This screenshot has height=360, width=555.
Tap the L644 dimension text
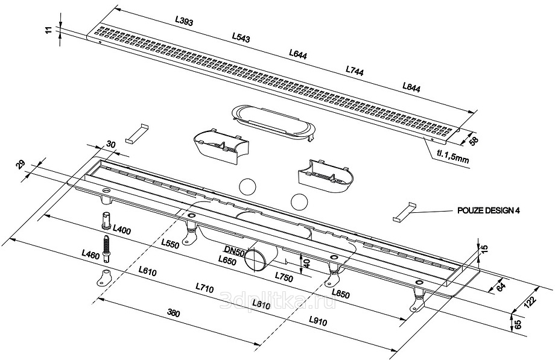[298, 54]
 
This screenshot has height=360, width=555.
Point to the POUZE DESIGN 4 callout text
[486, 211]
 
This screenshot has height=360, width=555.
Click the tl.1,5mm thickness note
[452, 159]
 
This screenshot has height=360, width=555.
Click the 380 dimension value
[173, 314]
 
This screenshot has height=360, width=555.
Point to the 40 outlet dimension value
[306, 263]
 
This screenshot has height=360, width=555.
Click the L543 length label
[241, 37]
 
